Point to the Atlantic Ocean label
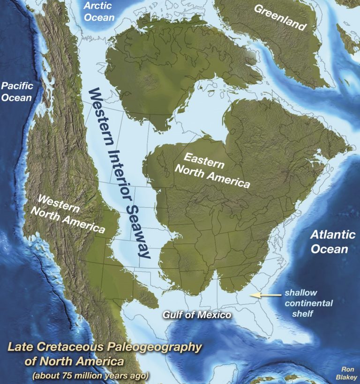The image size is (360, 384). [x=330, y=241]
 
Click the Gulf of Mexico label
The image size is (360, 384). [x=197, y=315]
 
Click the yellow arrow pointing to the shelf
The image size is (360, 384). [x=262, y=295]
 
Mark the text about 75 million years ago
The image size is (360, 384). [x=90, y=376]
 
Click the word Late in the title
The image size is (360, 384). [x=20, y=348]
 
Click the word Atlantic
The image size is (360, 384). [x=330, y=234]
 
